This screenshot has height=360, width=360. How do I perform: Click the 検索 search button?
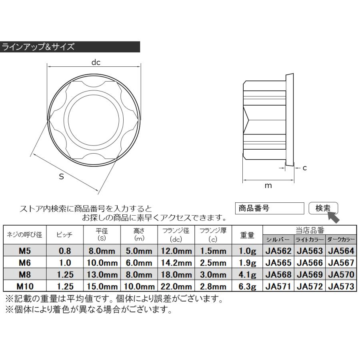click(x=323, y=208)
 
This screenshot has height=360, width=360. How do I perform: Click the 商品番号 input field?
click(x=270, y=208)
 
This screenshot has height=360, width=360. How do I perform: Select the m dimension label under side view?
click(x=268, y=186)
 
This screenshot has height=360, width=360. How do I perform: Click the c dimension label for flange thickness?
click(x=304, y=168)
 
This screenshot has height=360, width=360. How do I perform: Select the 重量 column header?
click(x=248, y=235)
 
